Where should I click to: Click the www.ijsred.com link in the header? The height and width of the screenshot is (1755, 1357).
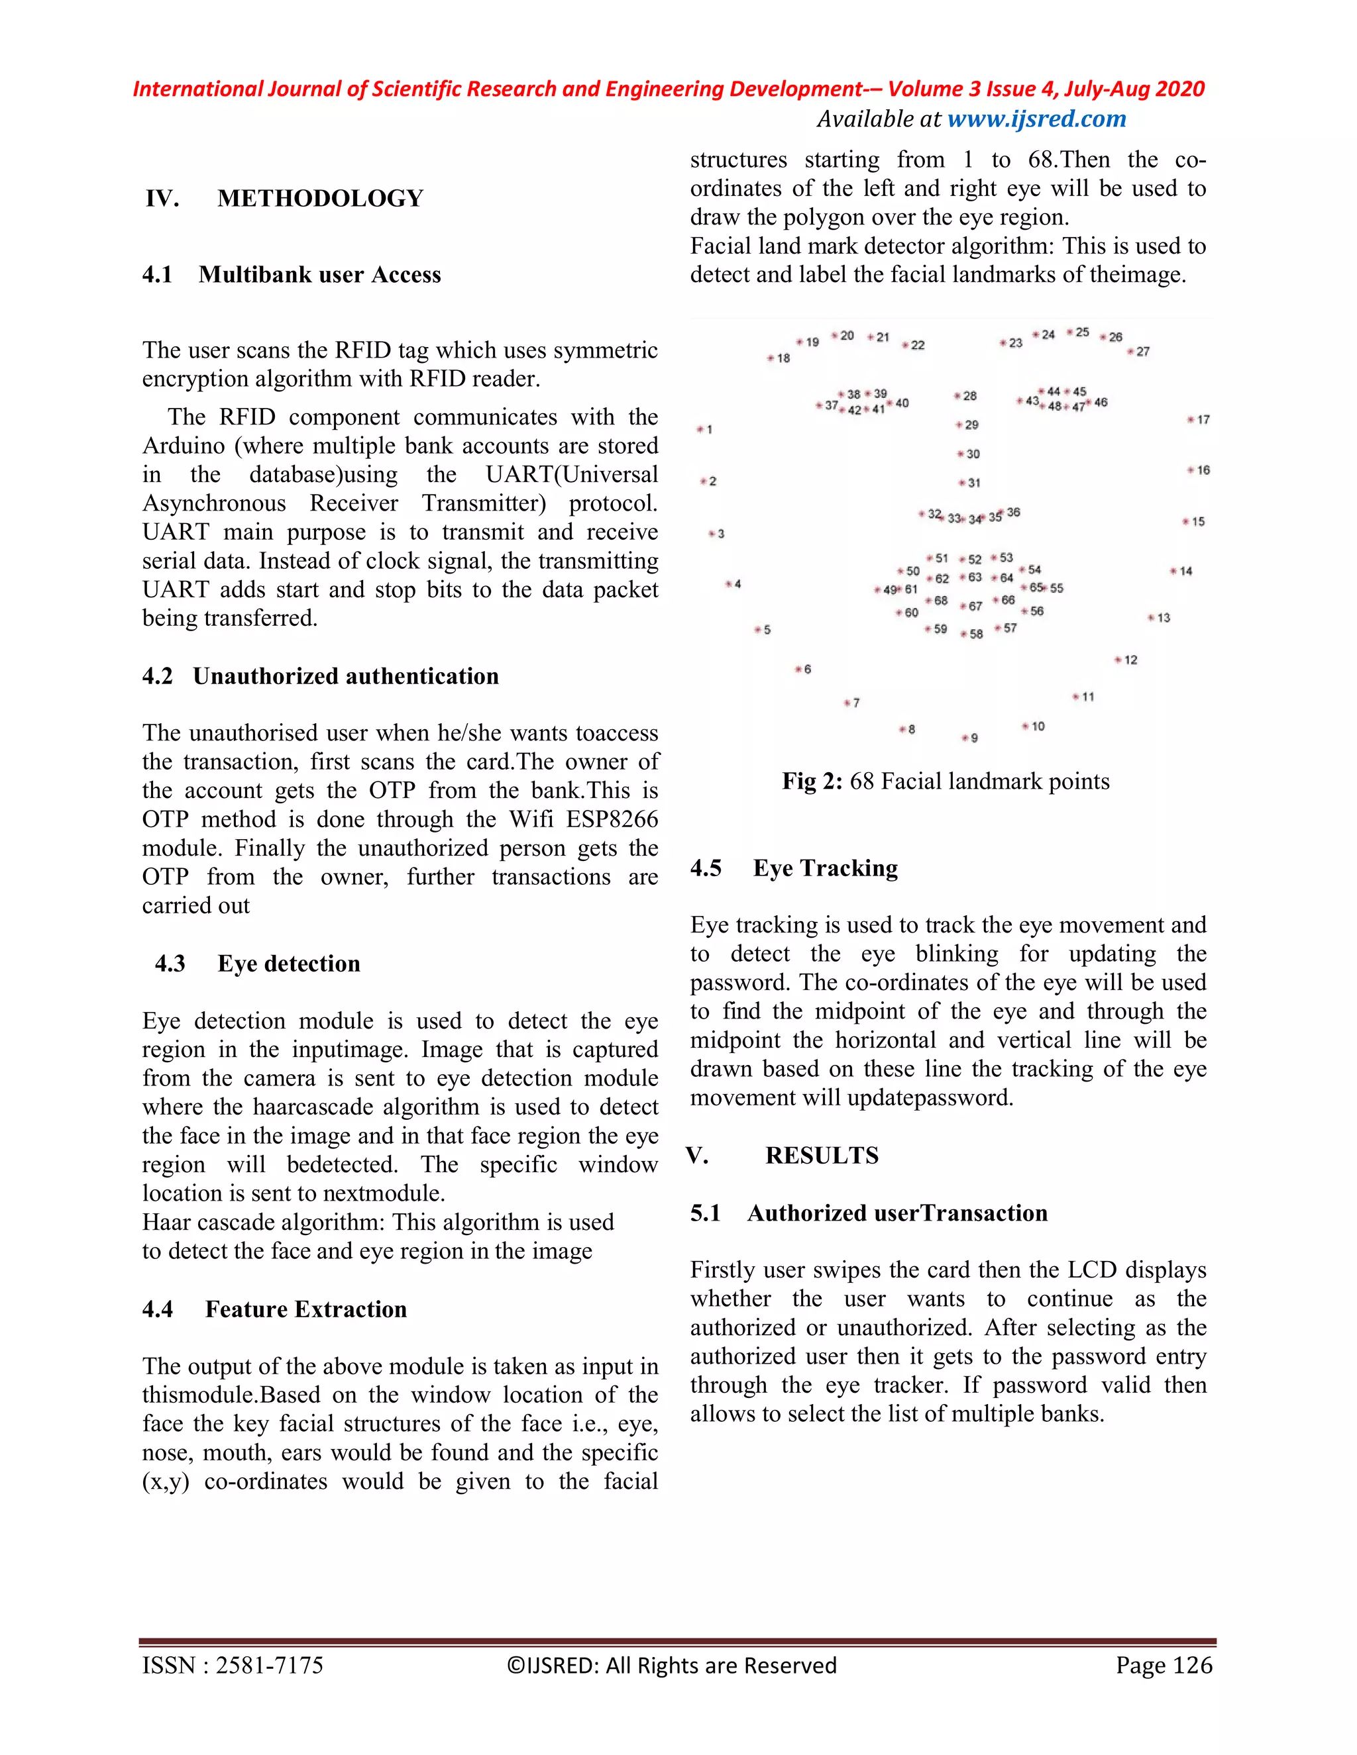click(x=1036, y=119)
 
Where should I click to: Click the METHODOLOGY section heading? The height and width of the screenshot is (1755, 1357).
click(x=320, y=199)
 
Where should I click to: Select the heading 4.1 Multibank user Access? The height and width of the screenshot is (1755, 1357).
click(x=292, y=275)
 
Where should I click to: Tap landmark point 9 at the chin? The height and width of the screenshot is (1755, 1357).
click(x=965, y=737)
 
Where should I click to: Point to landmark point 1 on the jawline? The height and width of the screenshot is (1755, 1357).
click(x=700, y=429)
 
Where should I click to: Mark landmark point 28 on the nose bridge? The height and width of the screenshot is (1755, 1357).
click(x=958, y=395)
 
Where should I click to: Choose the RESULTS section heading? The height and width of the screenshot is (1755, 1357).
click(x=821, y=1156)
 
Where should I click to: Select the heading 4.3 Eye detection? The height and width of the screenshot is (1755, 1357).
click(x=257, y=964)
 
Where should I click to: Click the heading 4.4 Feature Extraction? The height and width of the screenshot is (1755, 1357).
click(x=274, y=1309)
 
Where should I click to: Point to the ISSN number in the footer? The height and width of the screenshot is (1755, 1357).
click(x=233, y=1666)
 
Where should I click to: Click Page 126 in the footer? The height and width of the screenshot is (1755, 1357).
click(x=1164, y=1666)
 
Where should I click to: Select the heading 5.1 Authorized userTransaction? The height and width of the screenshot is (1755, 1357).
click(x=868, y=1213)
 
